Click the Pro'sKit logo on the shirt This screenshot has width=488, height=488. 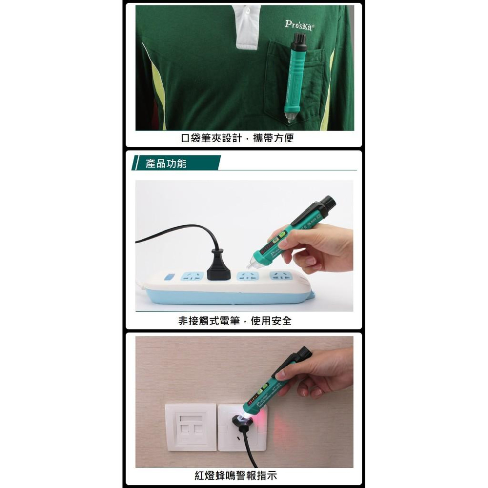coord(300,24)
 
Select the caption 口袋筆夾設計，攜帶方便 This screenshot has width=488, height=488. coord(238,138)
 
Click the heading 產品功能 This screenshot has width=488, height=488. coord(166,163)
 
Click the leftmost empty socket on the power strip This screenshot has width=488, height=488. coord(192,276)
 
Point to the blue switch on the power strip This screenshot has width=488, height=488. coord(169,277)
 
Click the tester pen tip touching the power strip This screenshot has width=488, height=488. coord(252,264)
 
